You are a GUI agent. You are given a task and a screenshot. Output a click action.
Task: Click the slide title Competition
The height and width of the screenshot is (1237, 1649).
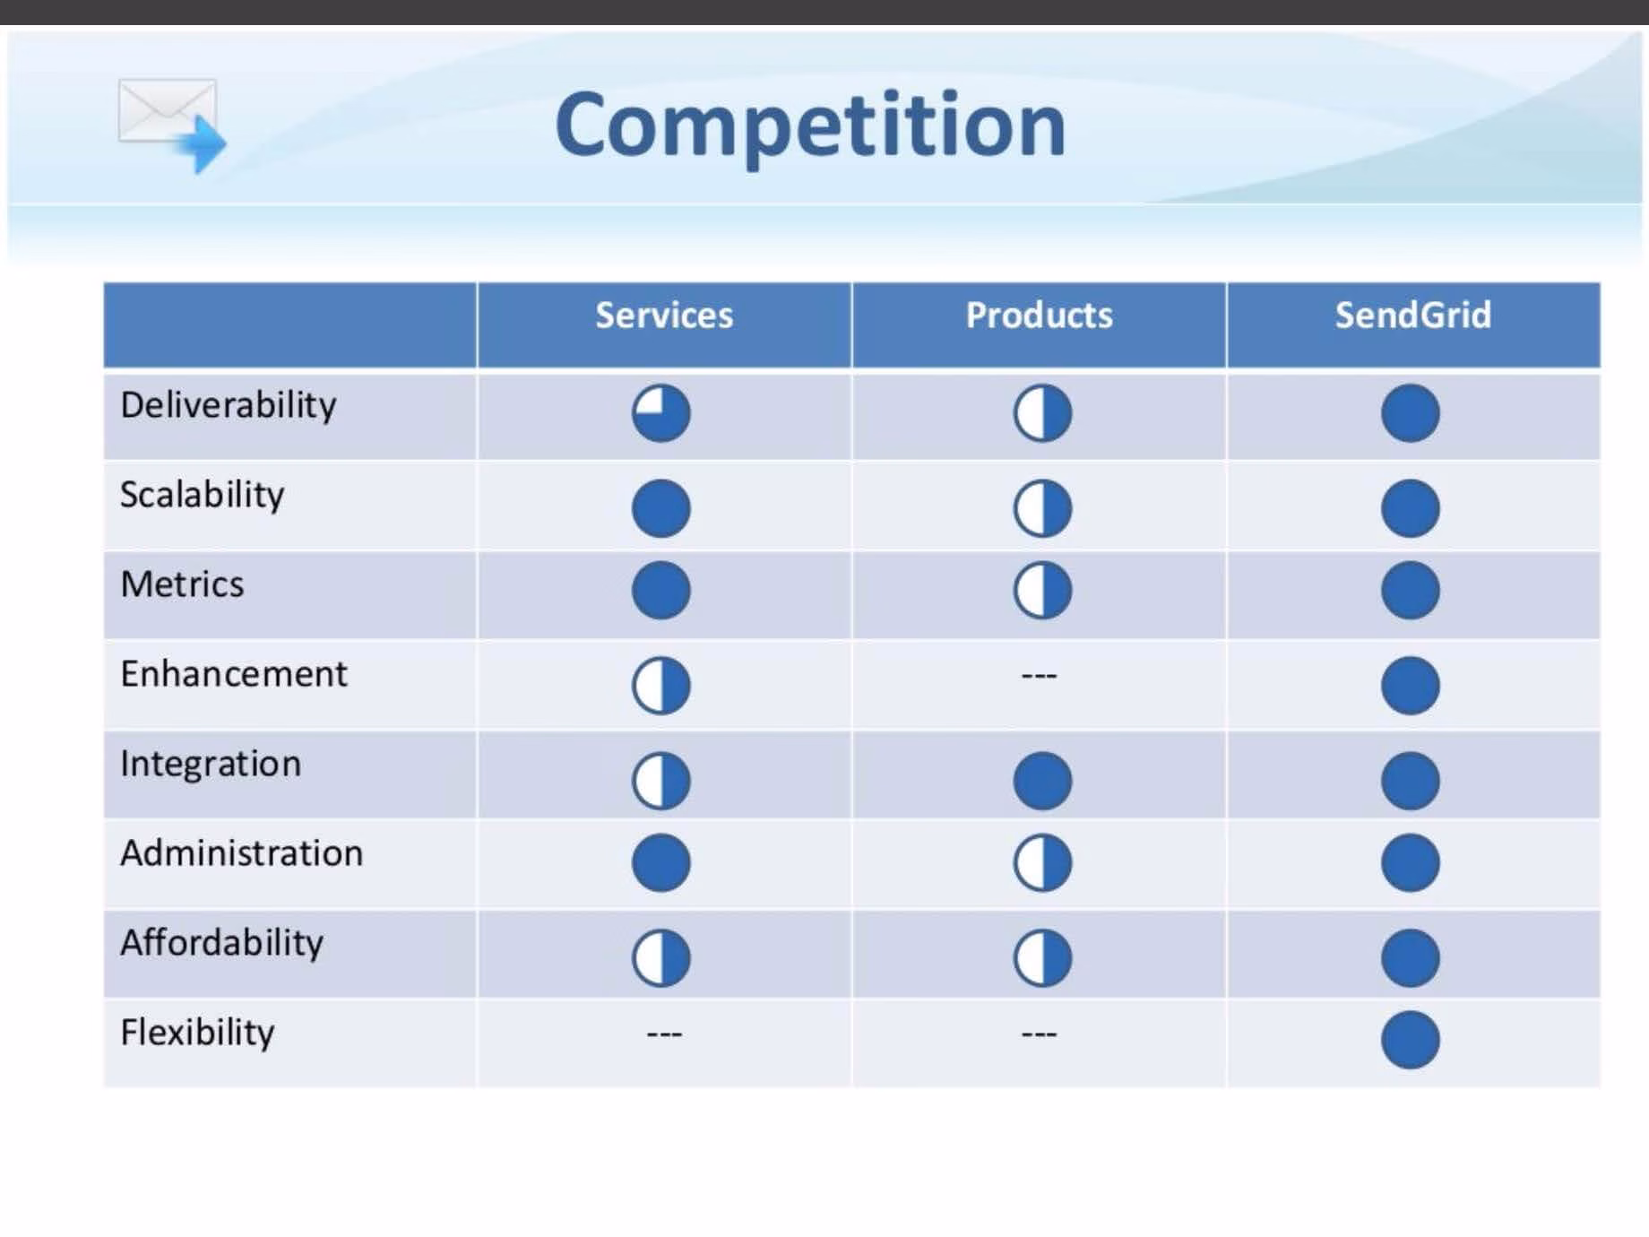(810, 125)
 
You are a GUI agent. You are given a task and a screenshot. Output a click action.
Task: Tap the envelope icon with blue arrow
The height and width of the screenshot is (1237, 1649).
(171, 125)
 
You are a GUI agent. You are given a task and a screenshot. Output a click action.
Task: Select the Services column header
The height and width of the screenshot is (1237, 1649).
(664, 316)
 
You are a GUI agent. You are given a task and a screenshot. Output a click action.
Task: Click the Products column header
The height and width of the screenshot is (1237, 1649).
(1039, 316)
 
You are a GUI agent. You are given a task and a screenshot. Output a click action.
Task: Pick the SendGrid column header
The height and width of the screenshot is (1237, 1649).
(1412, 316)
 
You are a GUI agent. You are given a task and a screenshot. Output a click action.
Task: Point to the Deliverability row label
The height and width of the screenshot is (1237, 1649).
(229, 406)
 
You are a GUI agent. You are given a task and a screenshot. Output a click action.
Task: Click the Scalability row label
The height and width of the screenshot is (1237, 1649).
(203, 496)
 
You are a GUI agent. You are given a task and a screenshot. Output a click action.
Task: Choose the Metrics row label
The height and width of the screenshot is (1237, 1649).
(182, 584)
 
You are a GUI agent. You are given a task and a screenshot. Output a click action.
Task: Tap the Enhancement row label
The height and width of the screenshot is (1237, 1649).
(234, 674)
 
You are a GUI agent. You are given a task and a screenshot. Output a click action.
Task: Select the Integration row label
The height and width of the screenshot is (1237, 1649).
(211, 765)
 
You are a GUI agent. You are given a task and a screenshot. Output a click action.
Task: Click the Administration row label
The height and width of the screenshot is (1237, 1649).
(242, 853)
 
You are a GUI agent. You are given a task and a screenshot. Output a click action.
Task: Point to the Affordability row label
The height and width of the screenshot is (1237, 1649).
(222, 943)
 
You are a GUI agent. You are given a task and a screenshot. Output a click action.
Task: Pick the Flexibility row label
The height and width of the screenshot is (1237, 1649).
(197, 1034)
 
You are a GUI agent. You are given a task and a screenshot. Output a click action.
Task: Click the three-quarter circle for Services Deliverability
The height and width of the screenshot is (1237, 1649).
(661, 413)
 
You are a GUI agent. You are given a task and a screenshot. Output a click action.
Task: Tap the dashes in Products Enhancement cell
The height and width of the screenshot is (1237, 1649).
(1039, 675)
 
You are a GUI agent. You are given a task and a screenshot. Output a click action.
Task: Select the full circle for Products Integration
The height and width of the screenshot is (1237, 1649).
(1042, 780)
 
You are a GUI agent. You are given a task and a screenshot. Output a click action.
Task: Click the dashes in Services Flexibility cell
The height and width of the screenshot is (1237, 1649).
(664, 1034)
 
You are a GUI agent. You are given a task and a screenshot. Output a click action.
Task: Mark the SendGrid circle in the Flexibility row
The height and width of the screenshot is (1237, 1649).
(1411, 1040)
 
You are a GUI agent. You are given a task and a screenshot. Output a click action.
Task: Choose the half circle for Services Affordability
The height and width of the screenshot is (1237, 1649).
(661, 957)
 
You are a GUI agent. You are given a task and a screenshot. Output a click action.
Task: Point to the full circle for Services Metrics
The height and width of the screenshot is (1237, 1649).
(661, 590)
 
